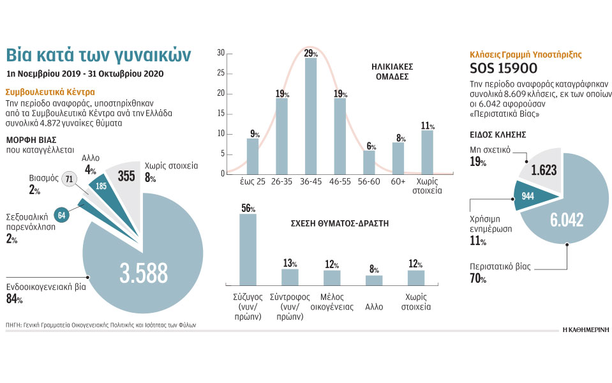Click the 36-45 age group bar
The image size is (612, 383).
tap(311, 116)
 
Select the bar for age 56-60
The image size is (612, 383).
tap(369, 161)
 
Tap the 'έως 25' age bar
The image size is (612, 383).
tap(253, 156)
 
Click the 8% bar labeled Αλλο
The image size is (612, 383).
tap(374, 280)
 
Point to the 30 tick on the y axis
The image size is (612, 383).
tap(220, 53)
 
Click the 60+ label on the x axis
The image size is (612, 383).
tap(398, 181)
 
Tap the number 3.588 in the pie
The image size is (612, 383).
tap(144, 273)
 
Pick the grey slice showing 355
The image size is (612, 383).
tap(126, 176)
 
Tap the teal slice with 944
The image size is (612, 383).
tap(528, 196)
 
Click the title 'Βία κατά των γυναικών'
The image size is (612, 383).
tap(107, 54)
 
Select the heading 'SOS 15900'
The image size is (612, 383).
tap(504, 69)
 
